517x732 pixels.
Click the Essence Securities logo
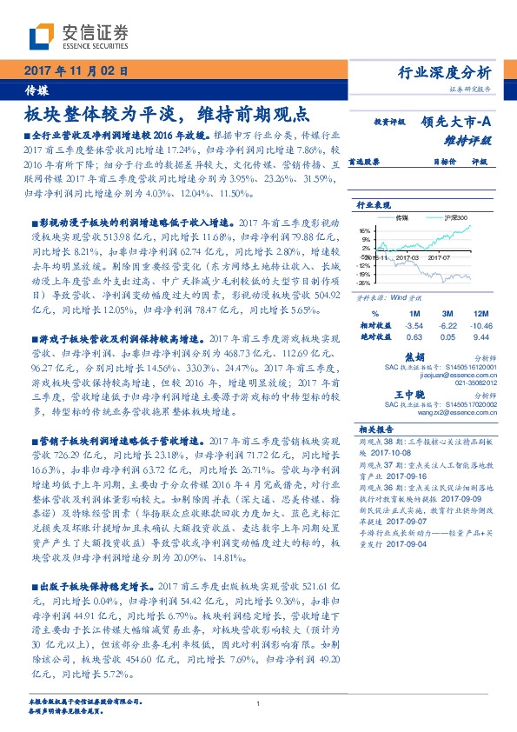[x=78, y=35]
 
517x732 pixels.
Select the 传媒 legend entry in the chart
[x=403, y=217]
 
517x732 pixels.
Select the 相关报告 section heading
[x=374, y=429]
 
